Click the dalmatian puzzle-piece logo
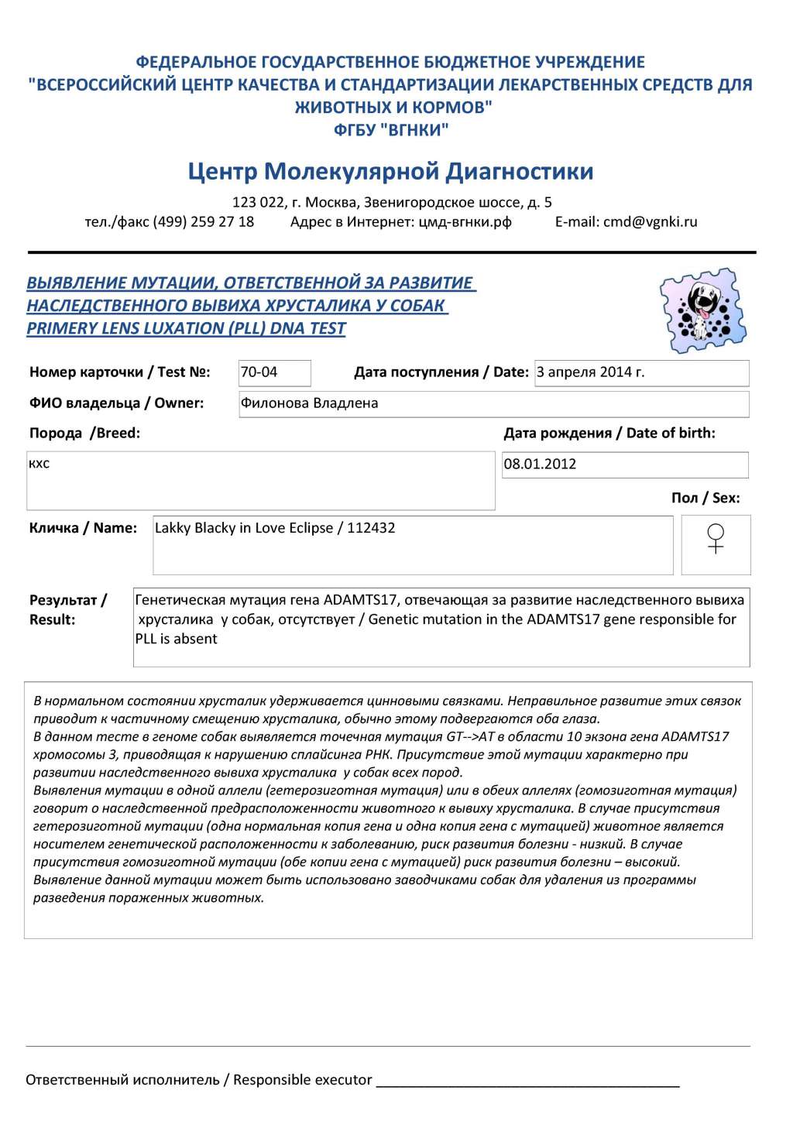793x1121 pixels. [703, 310]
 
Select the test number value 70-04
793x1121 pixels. [259, 372]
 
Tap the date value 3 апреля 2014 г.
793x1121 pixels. [590, 372]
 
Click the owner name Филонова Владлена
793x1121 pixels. [309, 403]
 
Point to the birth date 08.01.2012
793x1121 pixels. [540, 465]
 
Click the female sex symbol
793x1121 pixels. [716, 539]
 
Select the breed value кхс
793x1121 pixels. [39, 464]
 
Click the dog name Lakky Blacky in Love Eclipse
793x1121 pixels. [243, 528]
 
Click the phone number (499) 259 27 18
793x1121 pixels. [204, 222]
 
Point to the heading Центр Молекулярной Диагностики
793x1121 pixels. [390, 171]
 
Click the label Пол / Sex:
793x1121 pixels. [705, 498]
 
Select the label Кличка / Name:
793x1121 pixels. [83, 528]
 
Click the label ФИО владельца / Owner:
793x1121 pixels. [116, 403]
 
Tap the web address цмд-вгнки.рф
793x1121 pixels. [465, 222]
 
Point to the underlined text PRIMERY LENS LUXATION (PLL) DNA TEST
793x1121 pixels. [186, 328]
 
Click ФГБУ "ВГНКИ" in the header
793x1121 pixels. [391, 130]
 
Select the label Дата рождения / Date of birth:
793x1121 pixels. [609, 434]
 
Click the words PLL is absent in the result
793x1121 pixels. [176, 639]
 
